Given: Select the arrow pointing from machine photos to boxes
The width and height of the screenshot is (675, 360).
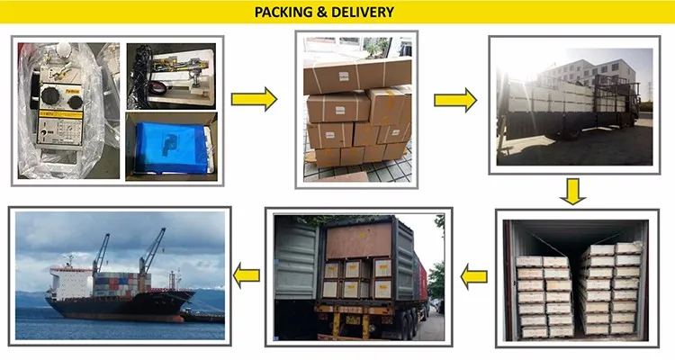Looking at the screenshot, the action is pos(254,100).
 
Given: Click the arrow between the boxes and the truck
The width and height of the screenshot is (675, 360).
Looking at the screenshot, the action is pos(455,100).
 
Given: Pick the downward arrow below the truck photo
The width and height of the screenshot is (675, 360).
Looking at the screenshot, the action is pos(571,191).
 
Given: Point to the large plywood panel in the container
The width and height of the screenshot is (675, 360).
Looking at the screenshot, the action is pos(358,240).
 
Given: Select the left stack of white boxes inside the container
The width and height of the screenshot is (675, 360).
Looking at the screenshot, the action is pos(544,292).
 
